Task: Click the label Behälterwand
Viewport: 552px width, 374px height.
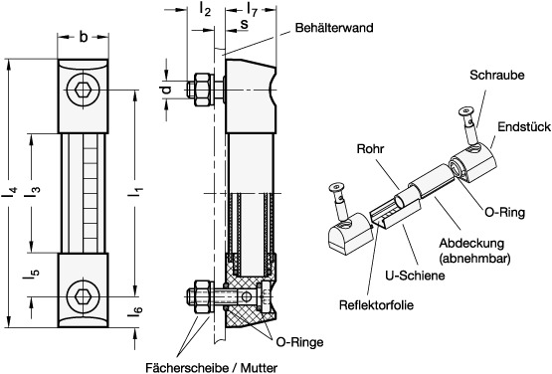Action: click(334, 28)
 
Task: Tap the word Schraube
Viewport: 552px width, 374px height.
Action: click(496, 75)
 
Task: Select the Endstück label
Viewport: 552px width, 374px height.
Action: click(524, 126)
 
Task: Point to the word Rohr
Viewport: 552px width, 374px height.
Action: click(370, 148)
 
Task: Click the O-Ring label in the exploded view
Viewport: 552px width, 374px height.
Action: click(505, 212)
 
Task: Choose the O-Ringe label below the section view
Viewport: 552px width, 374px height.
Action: click(299, 342)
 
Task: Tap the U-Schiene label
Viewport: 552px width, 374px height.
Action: click(415, 276)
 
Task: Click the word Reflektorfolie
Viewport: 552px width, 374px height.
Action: click(376, 304)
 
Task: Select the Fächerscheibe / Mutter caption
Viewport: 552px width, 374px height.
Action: click(211, 368)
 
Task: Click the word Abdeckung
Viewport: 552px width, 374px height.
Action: click(471, 244)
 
